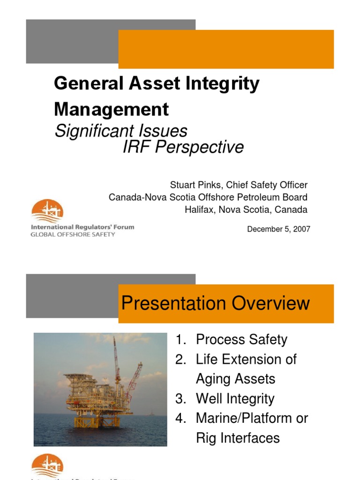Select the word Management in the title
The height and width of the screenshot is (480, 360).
point(112,109)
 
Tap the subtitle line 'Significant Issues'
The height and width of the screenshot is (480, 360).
point(121,130)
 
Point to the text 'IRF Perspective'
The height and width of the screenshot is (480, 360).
point(183,147)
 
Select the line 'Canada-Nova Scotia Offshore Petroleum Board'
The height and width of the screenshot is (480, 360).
point(208,197)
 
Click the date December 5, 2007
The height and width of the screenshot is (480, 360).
point(278,229)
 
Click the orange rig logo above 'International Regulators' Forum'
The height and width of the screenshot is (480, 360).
point(47,210)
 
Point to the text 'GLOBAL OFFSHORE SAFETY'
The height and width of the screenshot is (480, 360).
point(73,234)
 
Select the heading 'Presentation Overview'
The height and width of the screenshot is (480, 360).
point(216,303)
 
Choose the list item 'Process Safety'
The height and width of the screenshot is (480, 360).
point(241,339)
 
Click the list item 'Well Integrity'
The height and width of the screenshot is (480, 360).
point(235,399)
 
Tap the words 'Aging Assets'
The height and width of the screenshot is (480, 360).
point(235,379)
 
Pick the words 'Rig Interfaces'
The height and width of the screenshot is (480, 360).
point(238,438)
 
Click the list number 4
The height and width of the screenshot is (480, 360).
point(181,418)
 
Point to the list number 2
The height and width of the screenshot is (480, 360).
point(181,360)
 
